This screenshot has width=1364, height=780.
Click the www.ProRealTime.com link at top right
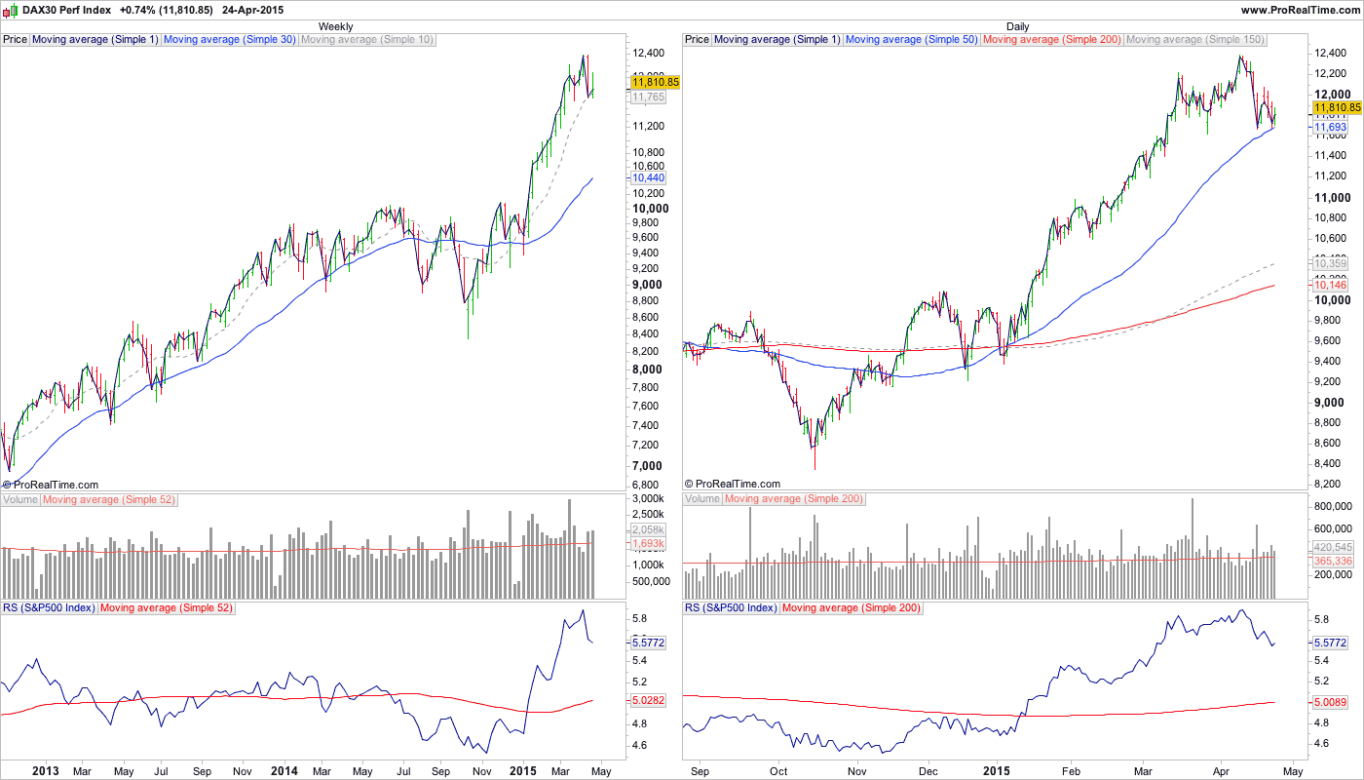[1300, 9]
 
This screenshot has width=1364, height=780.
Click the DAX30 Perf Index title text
[65, 9]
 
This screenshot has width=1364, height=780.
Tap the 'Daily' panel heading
[1017, 26]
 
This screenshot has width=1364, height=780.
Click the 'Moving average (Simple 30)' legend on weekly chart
[229, 40]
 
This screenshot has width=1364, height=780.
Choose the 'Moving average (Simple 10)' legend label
[367, 40]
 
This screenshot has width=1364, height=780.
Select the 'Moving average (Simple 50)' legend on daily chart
[912, 40]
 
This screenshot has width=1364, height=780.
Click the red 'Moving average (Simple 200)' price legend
[1052, 40]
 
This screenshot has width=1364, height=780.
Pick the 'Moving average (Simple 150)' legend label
[1195, 40]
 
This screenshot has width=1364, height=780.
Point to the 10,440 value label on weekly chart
[649, 178]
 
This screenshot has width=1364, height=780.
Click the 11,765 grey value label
[649, 97]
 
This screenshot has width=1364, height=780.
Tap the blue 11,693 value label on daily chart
[1331, 128]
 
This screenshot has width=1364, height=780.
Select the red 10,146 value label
[1331, 285]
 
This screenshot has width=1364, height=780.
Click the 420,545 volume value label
[1333, 547]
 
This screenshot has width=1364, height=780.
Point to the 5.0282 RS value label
[649, 700]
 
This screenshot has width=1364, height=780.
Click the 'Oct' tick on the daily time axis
[778, 770]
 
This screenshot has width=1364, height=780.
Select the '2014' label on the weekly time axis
[284, 770]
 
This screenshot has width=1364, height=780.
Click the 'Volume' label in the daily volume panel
[702, 499]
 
